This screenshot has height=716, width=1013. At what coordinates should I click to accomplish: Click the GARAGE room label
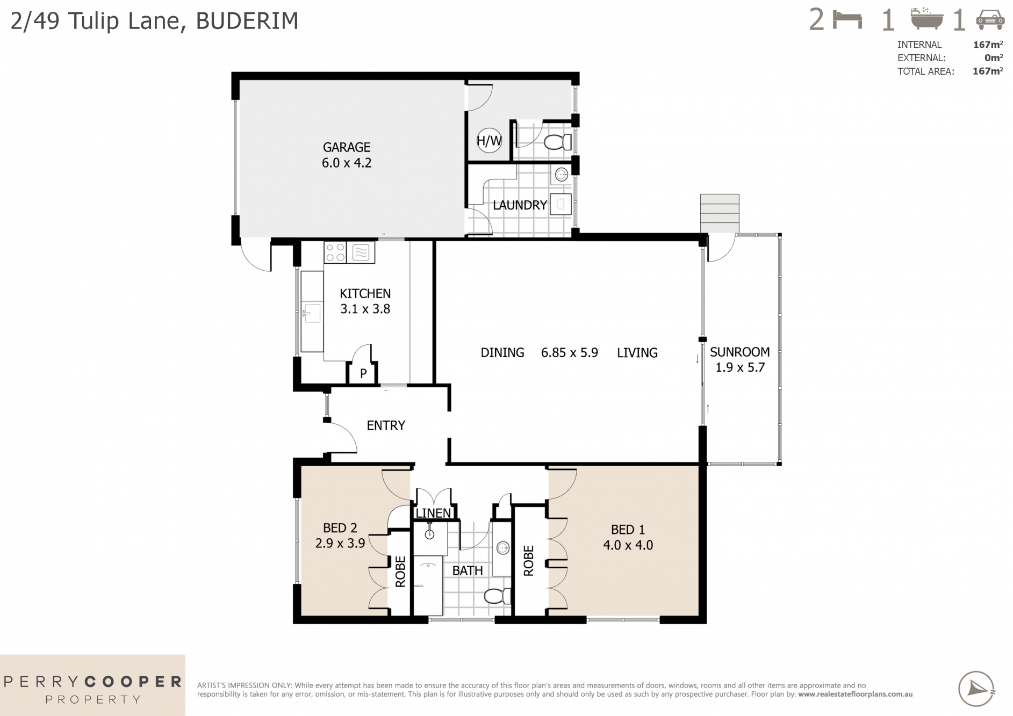(347, 147)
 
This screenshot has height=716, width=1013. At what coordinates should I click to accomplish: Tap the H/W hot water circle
(489, 141)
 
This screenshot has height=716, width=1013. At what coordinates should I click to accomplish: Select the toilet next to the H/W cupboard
(557, 142)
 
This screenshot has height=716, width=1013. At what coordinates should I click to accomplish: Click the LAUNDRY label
(519, 205)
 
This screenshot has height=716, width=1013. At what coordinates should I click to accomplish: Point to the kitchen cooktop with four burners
(335, 252)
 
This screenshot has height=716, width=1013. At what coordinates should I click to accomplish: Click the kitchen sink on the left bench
(312, 313)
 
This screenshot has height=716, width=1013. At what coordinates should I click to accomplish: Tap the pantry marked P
(363, 373)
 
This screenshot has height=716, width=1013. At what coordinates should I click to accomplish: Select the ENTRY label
(385, 425)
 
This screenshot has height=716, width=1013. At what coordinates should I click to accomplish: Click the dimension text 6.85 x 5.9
(569, 353)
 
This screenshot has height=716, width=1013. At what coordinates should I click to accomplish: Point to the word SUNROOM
(739, 352)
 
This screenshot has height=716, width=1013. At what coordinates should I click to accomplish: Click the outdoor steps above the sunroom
(719, 213)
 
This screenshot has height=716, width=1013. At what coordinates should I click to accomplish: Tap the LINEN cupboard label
(433, 513)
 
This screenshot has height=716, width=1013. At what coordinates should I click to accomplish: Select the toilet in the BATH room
(497, 596)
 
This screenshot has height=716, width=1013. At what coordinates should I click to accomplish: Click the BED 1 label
(628, 530)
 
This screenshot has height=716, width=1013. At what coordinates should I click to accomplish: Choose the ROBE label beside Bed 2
(400, 572)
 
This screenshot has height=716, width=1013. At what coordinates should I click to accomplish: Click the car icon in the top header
(990, 20)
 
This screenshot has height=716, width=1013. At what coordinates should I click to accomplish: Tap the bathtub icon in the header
(927, 19)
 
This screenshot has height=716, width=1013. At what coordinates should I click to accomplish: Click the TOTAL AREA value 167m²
(987, 71)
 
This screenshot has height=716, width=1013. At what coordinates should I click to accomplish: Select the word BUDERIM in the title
(247, 21)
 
